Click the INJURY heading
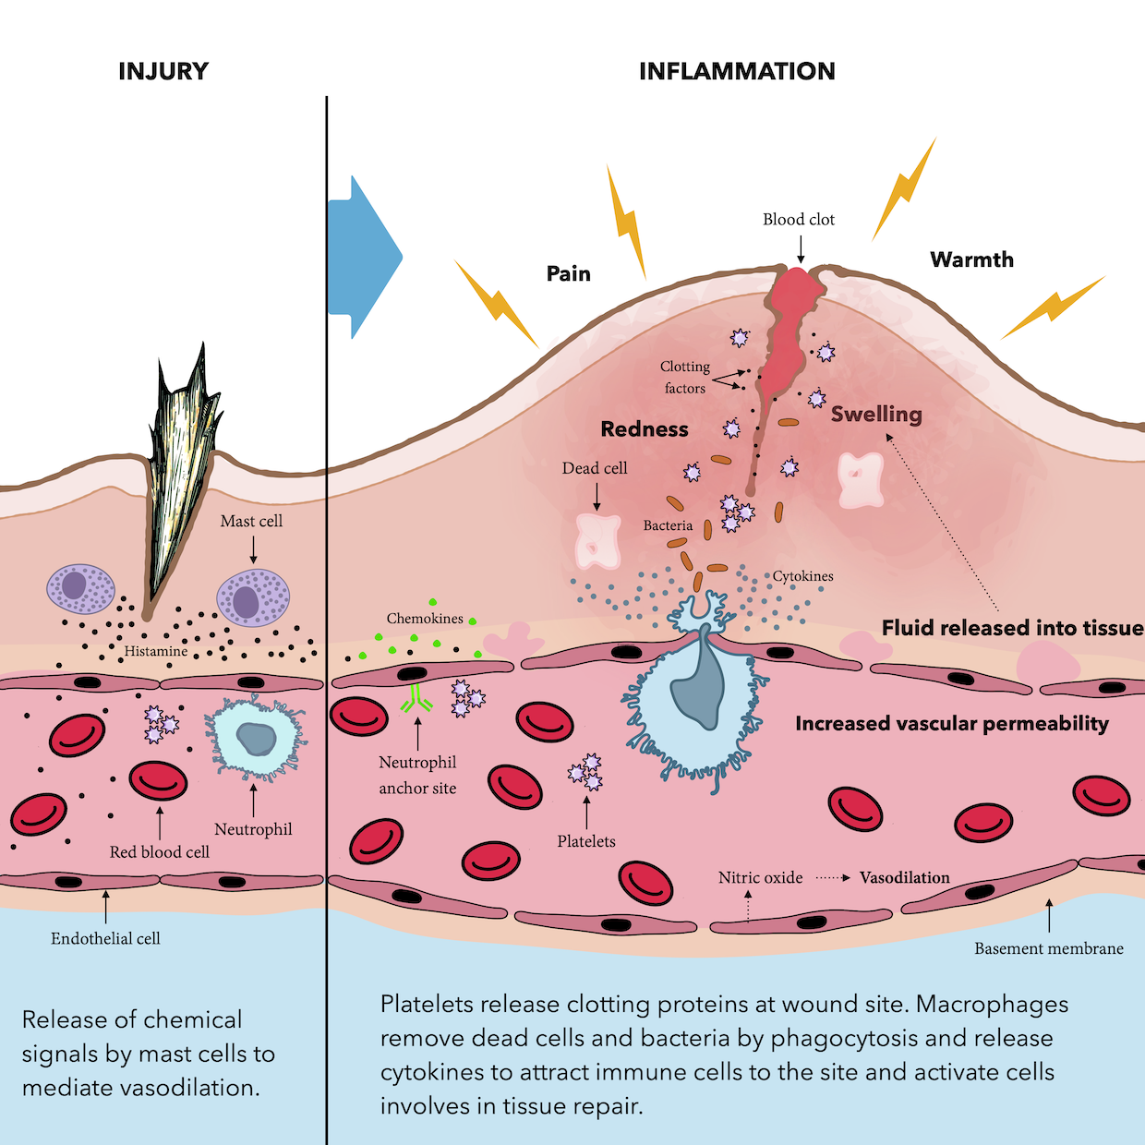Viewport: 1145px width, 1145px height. [x=163, y=71]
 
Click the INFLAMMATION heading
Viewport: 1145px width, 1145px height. [x=737, y=71]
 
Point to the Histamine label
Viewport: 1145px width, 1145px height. [x=156, y=651]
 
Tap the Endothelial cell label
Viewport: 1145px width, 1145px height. [x=105, y=938]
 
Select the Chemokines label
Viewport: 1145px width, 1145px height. [x=425, y=619]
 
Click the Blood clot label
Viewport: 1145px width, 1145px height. [x=799, y=220]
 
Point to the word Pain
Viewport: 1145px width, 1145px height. [x=569, y=273]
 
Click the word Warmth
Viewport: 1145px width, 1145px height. [x=971, y=259]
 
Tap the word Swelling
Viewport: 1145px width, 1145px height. [x=876, y=414]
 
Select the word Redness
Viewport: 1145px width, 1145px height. [x=645, y=429]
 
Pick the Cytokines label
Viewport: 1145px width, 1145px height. [x=802, y=576]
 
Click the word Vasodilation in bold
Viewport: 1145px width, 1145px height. [x=904, y=877]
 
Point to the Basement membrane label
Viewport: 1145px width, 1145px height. [x=1049, y=948]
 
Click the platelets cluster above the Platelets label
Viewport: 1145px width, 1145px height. [x=585, y=773]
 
